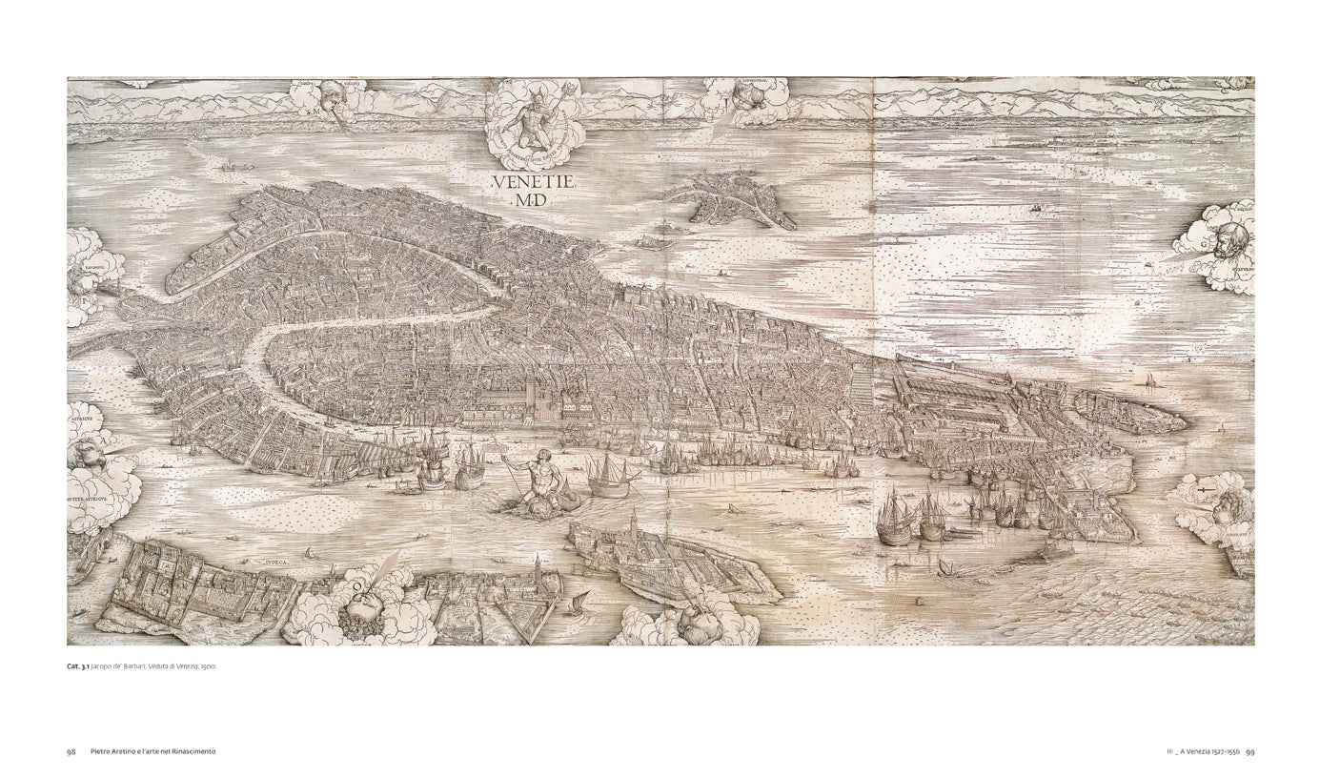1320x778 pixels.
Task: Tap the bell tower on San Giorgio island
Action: (634, 527)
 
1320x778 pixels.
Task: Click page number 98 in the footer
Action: (71, 751)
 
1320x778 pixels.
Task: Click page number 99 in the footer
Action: (1249, 751)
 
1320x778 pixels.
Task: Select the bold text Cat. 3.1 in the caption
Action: (78, 666)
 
